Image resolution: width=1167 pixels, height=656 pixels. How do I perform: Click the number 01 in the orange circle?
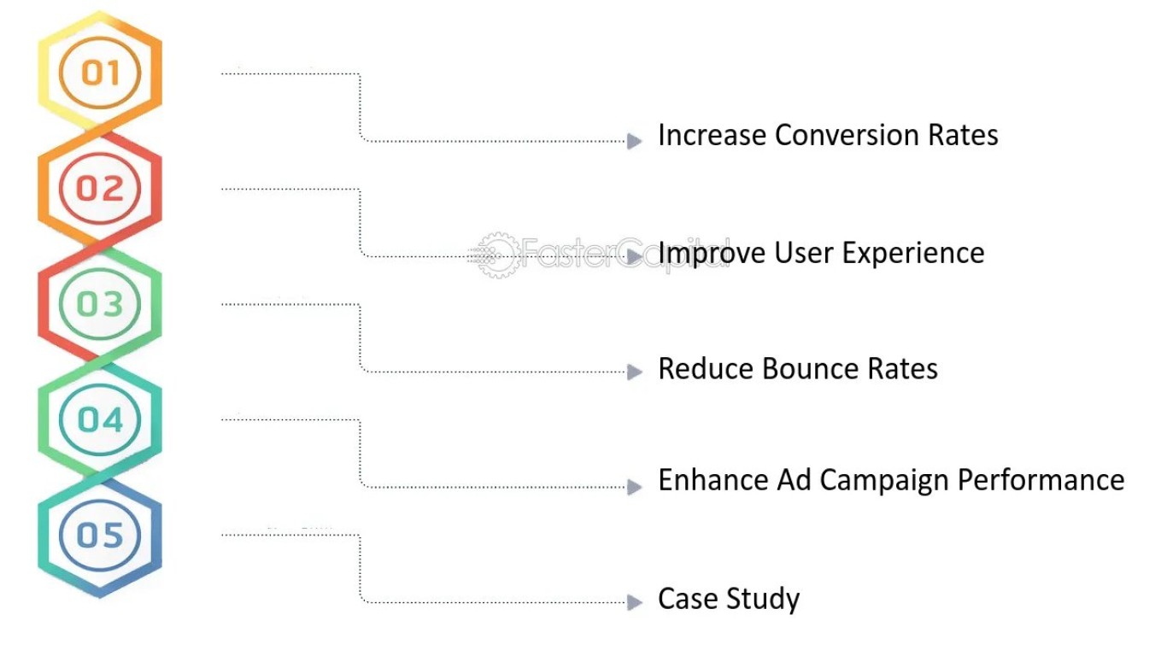tap(101, 73)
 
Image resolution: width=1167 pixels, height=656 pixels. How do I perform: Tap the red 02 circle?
tap(100, 188)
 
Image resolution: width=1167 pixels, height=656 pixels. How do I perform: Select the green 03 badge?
tap(100, 304)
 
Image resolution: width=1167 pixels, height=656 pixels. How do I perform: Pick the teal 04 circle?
tap(100, 419)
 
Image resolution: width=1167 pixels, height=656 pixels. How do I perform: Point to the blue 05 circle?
tap(100, 535)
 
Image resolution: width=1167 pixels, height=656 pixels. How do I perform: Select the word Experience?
tap(913, 253)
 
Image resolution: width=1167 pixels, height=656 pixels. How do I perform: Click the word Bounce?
tap(810, 369)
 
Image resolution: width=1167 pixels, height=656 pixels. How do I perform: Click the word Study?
tap(763, 599)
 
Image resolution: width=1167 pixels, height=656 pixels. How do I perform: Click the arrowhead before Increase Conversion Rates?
tap(634, 141)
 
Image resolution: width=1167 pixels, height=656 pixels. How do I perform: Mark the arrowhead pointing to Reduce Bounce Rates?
tap(634, 372)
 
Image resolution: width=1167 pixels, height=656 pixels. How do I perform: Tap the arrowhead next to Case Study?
tap(634, 602)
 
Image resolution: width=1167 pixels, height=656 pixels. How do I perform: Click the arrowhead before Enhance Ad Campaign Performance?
tap(634, 487)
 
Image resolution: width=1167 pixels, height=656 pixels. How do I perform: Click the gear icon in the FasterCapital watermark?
tap(499, 255)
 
